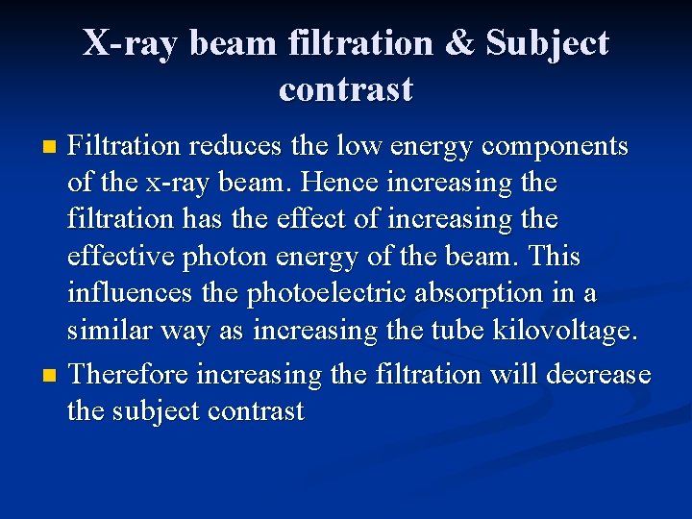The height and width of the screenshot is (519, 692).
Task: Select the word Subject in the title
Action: (548, 43)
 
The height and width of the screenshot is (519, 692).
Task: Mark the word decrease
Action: (599, 374)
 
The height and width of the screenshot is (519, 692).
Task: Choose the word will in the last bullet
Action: (514, 374)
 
